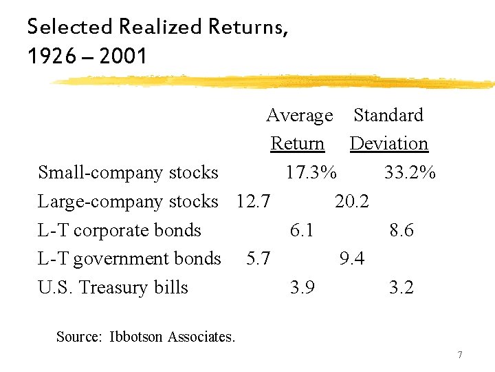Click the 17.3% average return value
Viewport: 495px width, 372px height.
pos(311,172)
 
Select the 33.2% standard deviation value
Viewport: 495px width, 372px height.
pos(410,172)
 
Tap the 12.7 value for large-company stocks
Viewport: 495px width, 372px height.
pos(253,201)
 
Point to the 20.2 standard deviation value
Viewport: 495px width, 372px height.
pos(352,201)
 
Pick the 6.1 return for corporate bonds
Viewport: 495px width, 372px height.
pos(302,230)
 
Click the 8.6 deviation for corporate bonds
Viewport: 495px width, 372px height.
pos(401,230)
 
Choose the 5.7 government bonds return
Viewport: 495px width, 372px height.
pos(258,258)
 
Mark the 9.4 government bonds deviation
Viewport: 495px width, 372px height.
pos(352,258)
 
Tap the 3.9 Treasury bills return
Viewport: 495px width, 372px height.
pos(302,287)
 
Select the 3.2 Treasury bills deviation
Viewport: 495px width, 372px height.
pos(401,287)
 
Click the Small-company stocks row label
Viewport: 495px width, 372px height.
pos(128,172)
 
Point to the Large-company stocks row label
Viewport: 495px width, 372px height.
pos(128,201)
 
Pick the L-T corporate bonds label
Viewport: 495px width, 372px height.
pos(120,230)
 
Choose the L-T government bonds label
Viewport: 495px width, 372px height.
pos(129,258)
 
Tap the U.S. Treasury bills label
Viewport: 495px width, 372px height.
pos(113,287)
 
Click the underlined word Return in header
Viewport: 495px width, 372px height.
pos(298,143)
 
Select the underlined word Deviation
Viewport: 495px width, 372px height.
pos(389,143)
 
